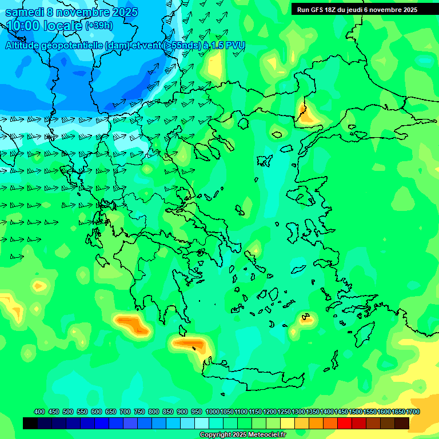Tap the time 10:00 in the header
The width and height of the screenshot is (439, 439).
point(27,26)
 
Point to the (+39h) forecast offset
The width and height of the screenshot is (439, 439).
point(99,26)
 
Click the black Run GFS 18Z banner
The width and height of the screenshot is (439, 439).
point(365,9)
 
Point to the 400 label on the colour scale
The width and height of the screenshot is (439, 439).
point(39,412)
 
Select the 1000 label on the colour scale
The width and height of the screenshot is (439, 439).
point(212,412)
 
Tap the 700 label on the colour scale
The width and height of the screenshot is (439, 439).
point(125,412)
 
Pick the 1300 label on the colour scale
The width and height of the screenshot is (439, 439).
point(298,412)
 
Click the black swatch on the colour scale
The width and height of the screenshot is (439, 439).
point(30,423)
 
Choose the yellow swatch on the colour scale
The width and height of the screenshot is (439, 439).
point(288,423)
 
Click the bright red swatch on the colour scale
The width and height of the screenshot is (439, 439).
point(344,423)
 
